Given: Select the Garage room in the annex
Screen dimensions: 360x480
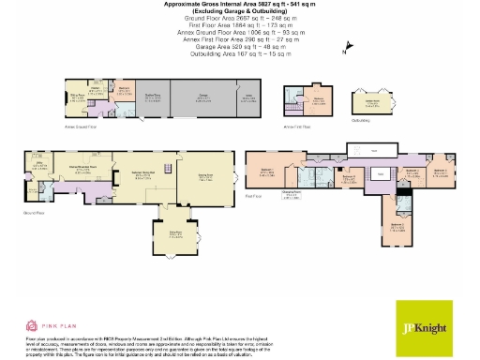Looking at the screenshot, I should coord(202,97).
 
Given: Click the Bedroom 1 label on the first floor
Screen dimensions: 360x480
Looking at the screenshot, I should coord(267,173).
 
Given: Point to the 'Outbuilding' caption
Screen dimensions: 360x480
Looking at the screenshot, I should coord(360,120).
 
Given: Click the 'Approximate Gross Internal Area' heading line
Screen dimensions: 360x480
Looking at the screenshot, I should coord(240,4).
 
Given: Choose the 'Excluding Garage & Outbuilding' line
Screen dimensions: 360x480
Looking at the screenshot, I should coord(240,10).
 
